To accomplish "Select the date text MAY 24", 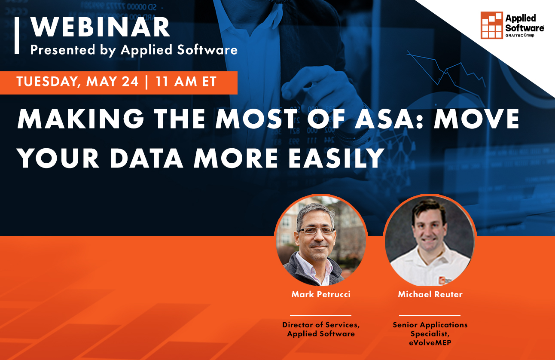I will coord(112,82).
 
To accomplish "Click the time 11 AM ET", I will coord(186,82).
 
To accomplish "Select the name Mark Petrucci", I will coord(320,294).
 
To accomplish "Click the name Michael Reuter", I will coord(430,294).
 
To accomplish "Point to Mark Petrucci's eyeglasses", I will coord(317,231).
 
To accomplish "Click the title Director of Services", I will coord(320,325).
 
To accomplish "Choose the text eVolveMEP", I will coord(430,342).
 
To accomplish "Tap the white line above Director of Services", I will coord(320,315).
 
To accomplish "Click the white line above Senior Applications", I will coord(430,315).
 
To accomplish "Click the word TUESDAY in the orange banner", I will coord(46,82).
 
